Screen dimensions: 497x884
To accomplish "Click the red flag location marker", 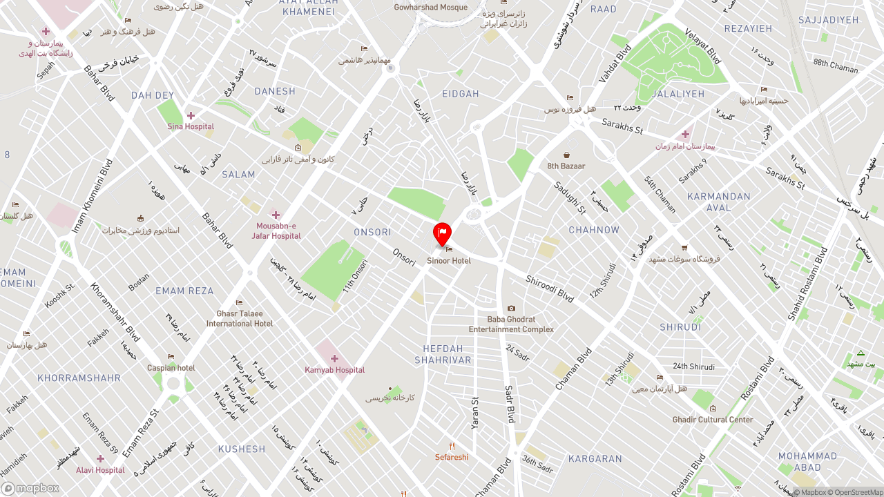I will (442, 233).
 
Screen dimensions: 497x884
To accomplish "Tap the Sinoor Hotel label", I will (449, 261).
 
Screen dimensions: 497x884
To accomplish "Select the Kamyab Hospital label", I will (335, 370).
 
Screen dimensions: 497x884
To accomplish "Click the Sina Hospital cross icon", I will (191, 115).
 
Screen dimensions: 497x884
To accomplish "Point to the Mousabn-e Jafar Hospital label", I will (276, 231).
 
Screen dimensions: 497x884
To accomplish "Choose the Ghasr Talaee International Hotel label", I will (240, 318).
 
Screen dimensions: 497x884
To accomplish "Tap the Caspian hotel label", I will (171, 368).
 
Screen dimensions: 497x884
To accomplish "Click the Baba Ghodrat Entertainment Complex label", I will (511, 324).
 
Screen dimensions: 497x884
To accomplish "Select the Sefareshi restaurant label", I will (452, 457).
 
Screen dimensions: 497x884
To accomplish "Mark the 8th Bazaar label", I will (566, 166).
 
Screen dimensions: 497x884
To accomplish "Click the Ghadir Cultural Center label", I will (713, 419).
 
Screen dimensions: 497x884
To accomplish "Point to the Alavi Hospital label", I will (101, 470).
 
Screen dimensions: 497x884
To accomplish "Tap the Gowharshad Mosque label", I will (431, 8).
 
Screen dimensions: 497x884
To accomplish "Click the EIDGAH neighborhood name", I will (461, 94).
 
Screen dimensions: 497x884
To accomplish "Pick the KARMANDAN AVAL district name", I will (719, 202).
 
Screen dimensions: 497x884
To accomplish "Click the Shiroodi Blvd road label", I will (550, 289).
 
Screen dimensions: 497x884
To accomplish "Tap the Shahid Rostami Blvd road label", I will (807, 283).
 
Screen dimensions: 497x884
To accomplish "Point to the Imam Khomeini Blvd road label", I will (92, 195).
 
